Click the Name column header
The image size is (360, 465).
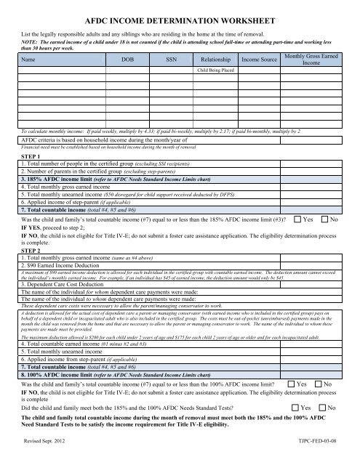click(30, 60)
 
